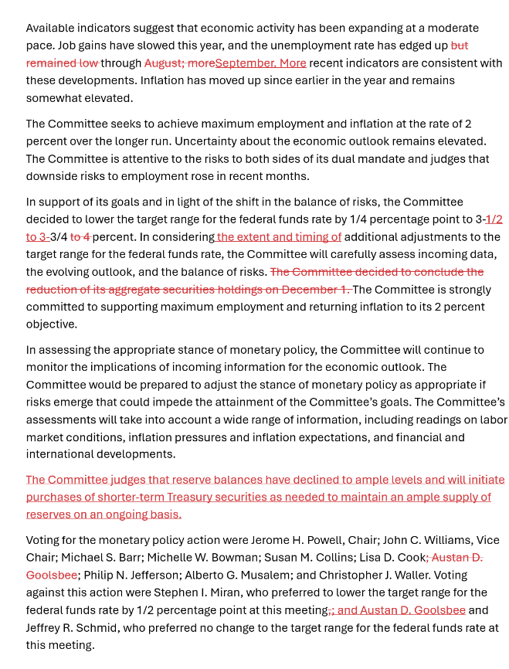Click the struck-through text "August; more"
180,63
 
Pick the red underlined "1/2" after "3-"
494,219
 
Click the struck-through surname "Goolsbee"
52,575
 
